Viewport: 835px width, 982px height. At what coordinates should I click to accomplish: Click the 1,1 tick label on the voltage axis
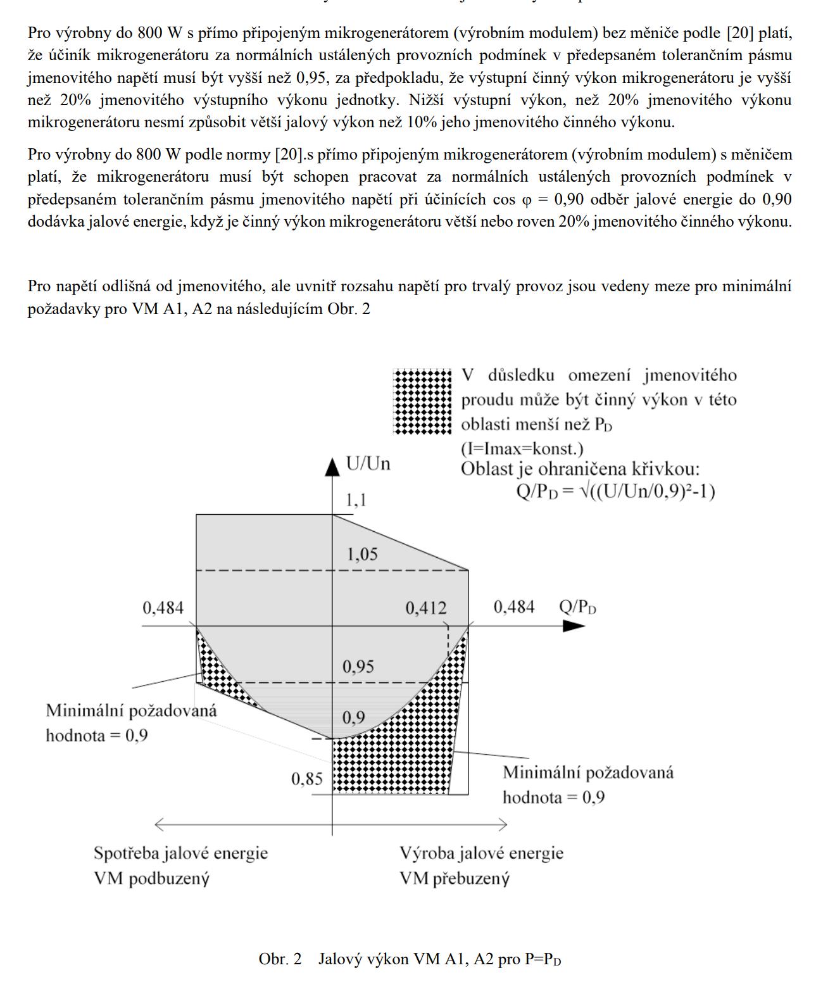point(356,500)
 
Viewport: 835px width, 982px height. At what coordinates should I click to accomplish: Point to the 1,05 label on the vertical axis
point(362,555)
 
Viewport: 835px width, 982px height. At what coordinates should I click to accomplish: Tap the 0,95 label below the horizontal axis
point(358,667)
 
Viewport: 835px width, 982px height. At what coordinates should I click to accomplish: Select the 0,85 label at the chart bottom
point(307,779)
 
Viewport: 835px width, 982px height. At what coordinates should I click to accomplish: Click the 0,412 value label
point(426,608)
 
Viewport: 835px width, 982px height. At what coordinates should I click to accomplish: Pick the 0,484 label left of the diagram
point(163,608)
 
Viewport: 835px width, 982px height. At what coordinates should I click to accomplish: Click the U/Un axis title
point(368,464)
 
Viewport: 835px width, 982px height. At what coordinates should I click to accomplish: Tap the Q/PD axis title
point(577,608)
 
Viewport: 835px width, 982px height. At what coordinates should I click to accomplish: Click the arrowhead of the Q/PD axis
point(574,626)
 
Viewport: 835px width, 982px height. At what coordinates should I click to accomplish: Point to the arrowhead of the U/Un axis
point(332,467)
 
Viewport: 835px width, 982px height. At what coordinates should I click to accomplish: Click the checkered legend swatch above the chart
point(423,401)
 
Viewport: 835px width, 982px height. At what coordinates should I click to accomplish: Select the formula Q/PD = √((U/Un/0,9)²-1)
point(616,492)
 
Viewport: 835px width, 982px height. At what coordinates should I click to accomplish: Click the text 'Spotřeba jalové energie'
point(181,853)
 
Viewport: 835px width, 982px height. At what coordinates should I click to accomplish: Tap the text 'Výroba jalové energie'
point(481,853)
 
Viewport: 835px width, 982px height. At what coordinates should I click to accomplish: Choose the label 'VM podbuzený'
point(151,878)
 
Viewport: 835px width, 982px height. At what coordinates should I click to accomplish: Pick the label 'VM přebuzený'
point(455,878)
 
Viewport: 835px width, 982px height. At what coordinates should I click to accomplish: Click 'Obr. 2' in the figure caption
point(280,959)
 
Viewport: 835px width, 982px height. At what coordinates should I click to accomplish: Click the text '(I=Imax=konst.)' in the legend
point(522,449)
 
